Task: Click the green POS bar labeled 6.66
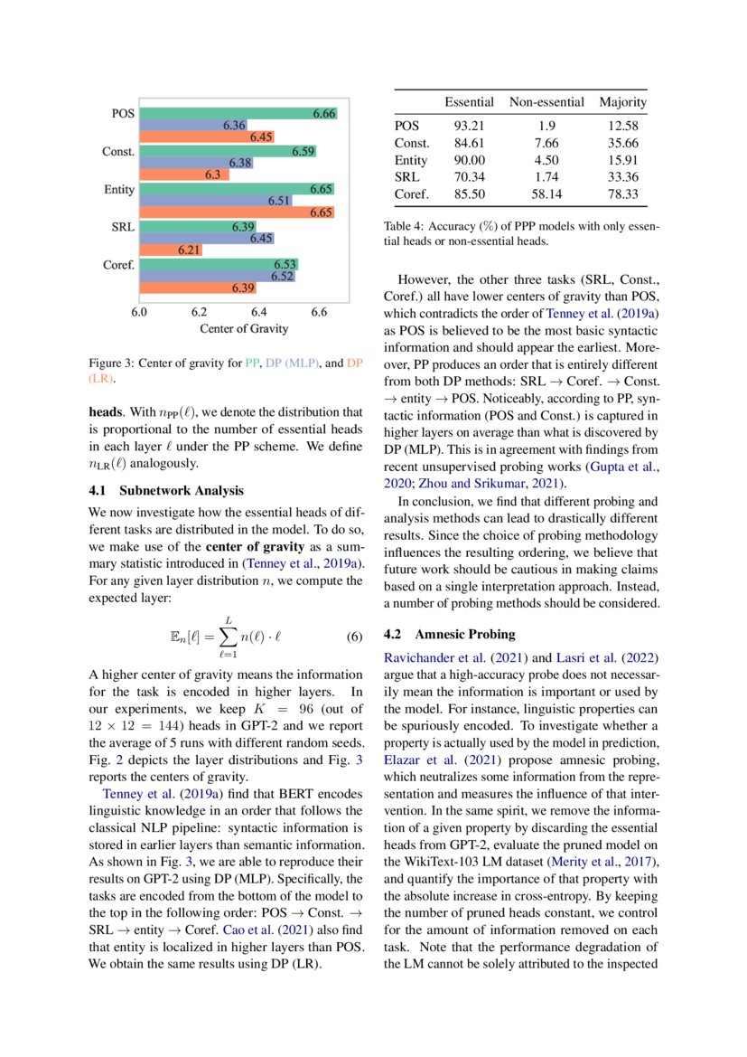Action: pos(238,114)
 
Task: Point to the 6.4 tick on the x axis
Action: pos(258,312)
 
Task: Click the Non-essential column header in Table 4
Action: pos(546,102)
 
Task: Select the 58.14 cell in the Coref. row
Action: pos(546,193)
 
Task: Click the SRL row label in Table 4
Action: pos(406,176)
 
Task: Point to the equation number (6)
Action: pos(354,637)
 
